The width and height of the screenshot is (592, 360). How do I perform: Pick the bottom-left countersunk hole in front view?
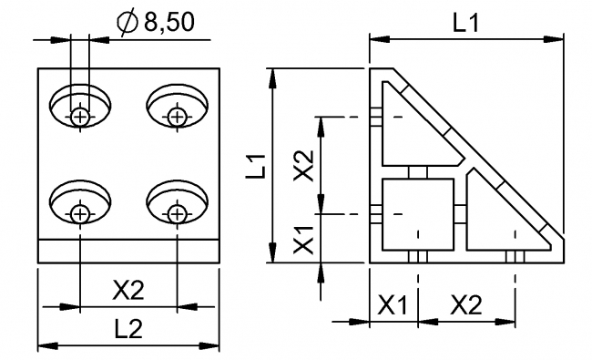point(82,202)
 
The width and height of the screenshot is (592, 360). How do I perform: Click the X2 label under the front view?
point(128,291)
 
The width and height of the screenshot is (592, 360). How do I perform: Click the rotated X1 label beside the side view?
point(306,239)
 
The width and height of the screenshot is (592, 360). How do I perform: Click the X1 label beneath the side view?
point(393,305)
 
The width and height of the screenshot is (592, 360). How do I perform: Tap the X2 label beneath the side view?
point(465,305)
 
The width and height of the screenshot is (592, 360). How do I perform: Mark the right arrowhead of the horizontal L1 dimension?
point(556,37)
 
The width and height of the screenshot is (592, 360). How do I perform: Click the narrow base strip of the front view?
point(128,252)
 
